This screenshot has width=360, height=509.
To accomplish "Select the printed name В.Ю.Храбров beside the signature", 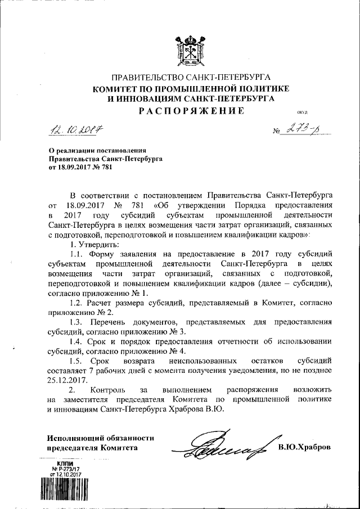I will coord(304,447).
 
